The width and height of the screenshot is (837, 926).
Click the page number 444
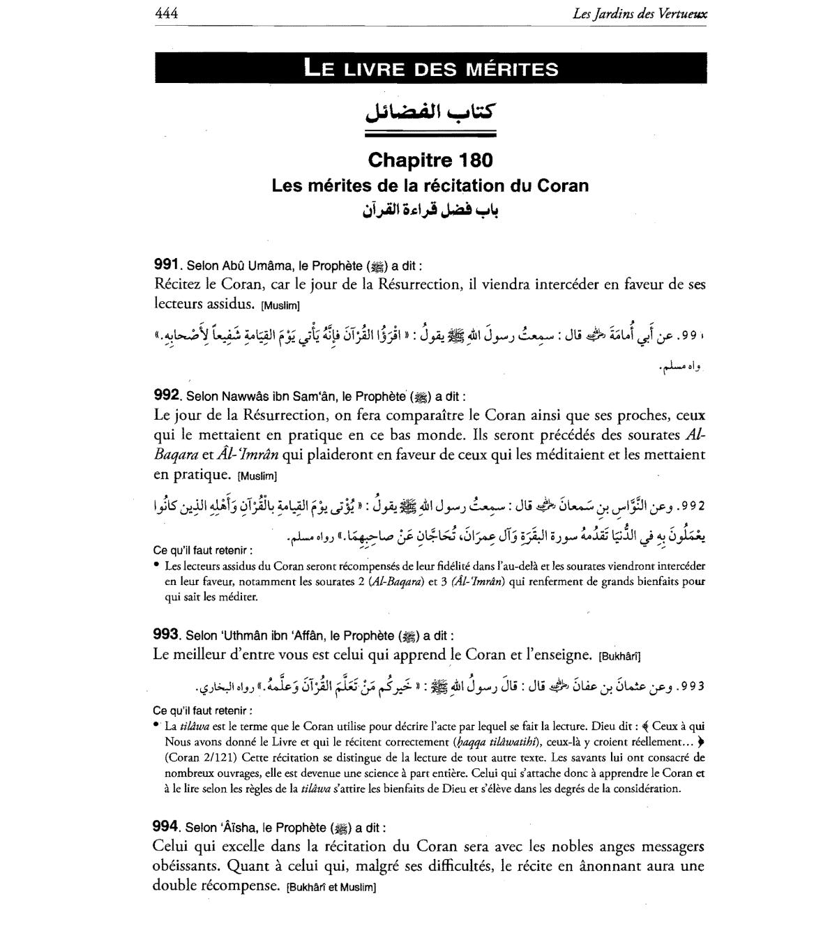click(167, 13)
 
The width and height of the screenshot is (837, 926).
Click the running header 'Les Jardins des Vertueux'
click(640, 13)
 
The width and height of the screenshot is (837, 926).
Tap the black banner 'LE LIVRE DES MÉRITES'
click(431, 69)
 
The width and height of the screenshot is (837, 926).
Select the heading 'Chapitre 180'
click(430, 160)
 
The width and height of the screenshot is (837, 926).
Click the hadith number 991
click(167, 265)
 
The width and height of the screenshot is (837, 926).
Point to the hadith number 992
click(167, 395)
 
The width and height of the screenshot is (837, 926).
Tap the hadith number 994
click(167, 827)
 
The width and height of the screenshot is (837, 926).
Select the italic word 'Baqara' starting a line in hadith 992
click(174, 455)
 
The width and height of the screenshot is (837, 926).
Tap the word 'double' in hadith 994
click(174, 886)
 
